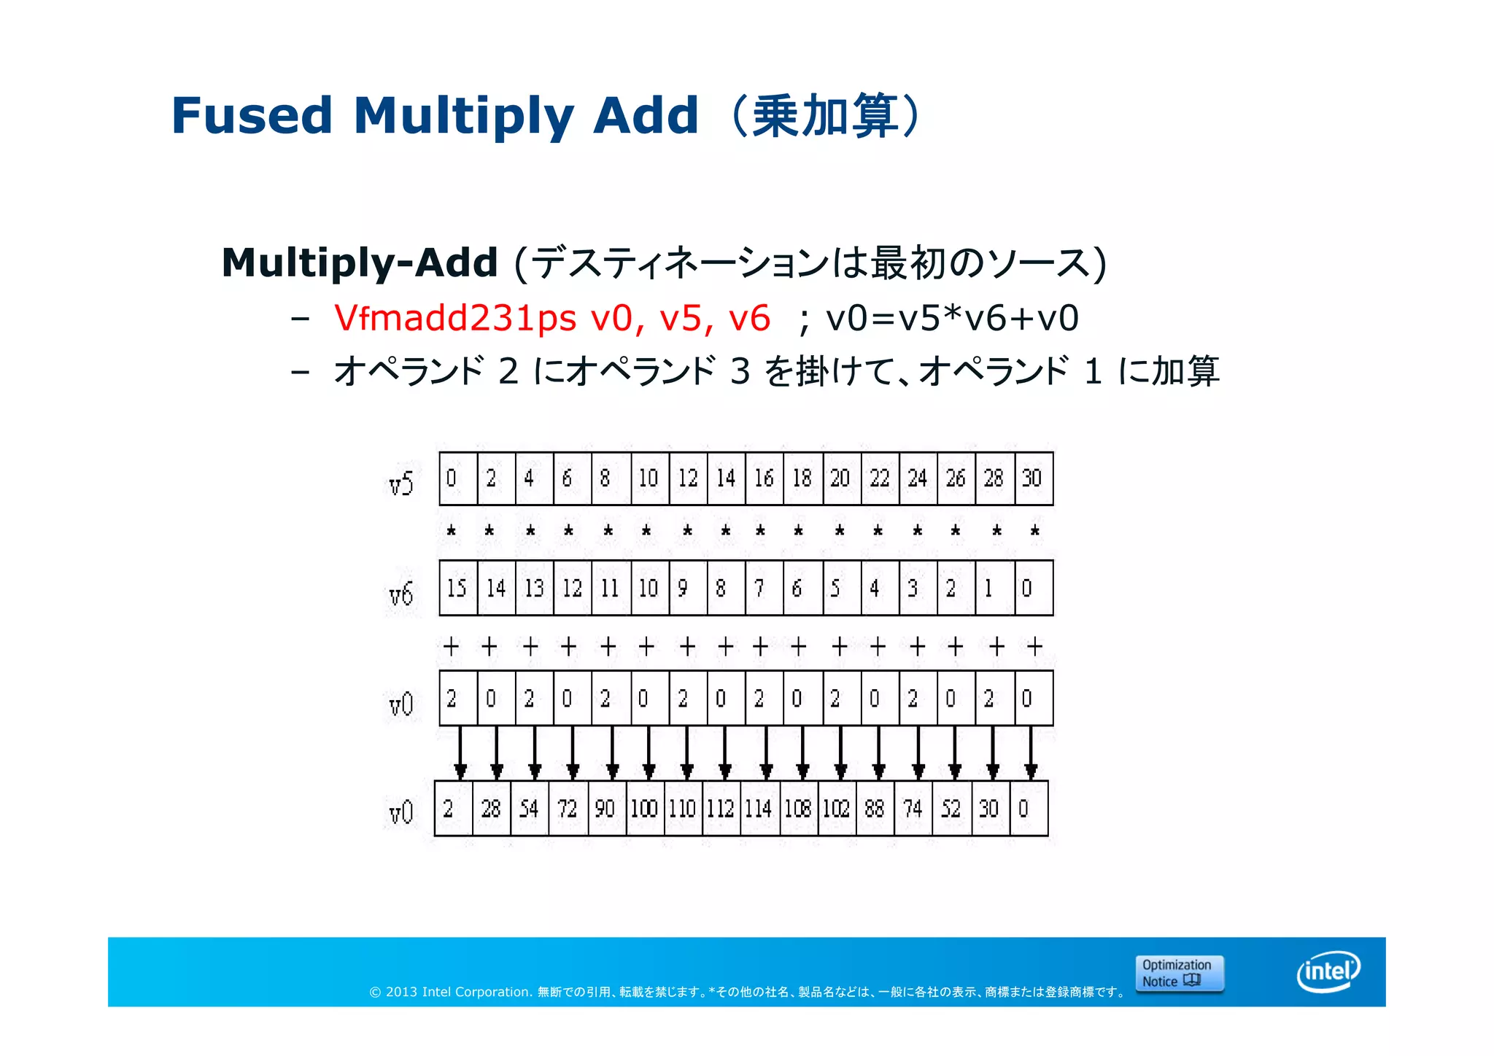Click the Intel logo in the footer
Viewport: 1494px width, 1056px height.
point(1328,971)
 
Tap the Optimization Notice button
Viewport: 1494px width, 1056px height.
point(1179,973)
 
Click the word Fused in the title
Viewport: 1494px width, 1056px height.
point(252,116)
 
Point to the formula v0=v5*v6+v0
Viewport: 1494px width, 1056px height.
point(952,318)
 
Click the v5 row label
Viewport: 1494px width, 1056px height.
point(401,483)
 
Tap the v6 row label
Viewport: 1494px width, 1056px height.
point(401,594)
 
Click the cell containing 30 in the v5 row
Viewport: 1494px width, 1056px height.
point(1033,478)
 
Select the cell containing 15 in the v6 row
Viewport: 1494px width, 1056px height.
point(457,588)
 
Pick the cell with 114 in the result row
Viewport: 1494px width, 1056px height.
point(759,808)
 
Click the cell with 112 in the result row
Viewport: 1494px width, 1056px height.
point(721,808)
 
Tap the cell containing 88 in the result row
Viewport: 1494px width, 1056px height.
point(874,808)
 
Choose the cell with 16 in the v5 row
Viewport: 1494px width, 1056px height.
point(764,478)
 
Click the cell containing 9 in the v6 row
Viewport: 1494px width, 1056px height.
point(687,588)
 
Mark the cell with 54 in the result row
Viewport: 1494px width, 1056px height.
point(529,808)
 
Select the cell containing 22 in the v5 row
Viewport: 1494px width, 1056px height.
point(880,478)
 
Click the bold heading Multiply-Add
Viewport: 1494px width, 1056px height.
point(360,263)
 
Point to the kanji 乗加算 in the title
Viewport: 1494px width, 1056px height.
point(825,116)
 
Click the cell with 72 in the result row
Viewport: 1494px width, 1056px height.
point(568,808)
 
